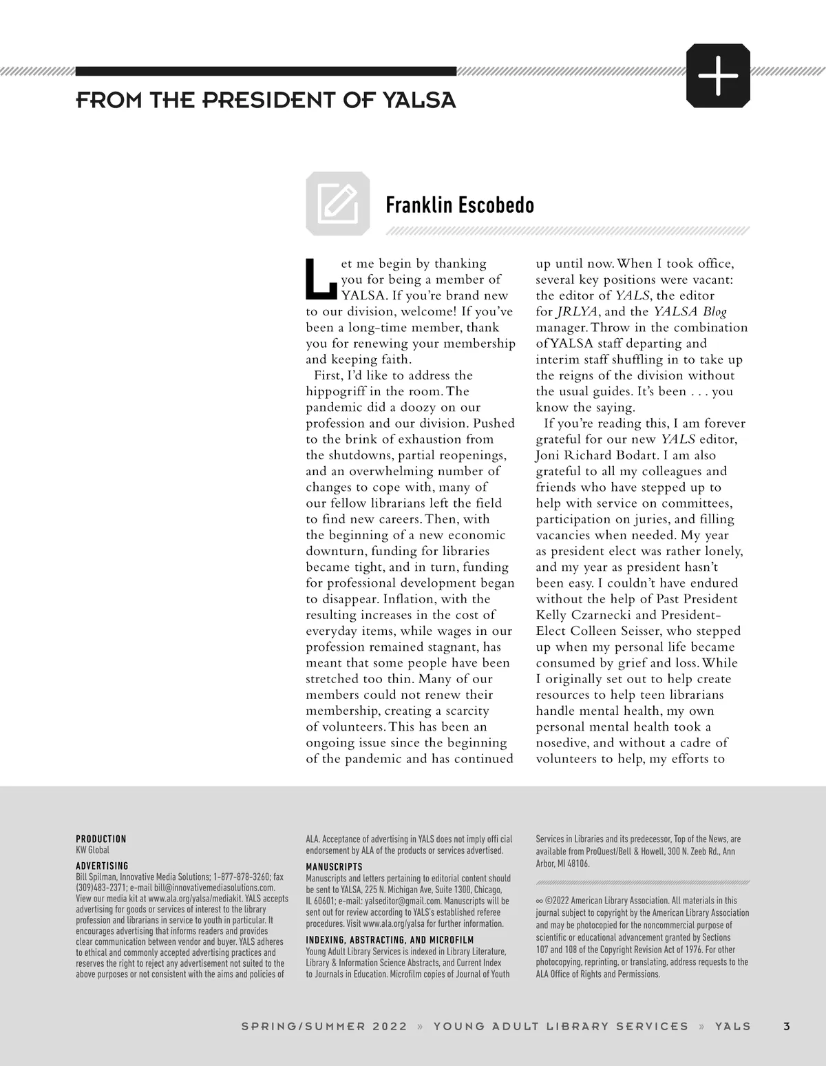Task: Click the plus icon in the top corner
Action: pyautogui.click(x=718, y=75)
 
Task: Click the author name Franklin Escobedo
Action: pyautogui.click(x=459, y=205)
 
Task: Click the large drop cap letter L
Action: pyautogui.click(x=321, y=280)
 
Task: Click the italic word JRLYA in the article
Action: pyautogui.click(x=574, y=311)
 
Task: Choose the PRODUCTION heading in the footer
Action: pyautogui.click(x=100, y=839)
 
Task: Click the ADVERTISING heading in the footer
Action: pyautogui.click(x=102, y=866)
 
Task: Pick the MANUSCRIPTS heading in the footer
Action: pyautogui.click(x=334, y=866)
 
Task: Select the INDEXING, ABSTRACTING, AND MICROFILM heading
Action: pyautogui.click(x=389, y=939)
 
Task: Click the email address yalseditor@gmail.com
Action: pyautogui.click(x=403, y=901)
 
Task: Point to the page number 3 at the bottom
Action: pyautogui.click(x=787, y=1026)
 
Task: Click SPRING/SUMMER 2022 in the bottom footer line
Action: pyautogui.click(x=324, y=1026)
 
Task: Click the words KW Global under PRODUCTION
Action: pyautogui.click(x=92, y=850)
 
